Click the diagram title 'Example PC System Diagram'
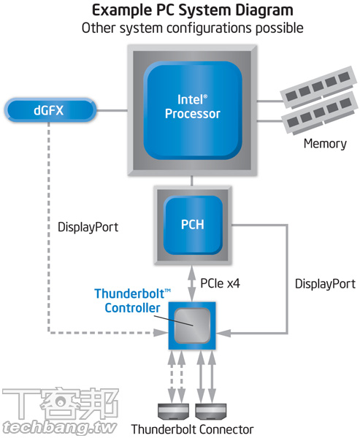(192, 10)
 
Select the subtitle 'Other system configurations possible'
(192, 28)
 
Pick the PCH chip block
(192, 224)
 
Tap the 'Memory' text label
(325, 144)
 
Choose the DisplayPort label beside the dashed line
(88, 227)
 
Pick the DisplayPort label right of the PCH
(325, 283)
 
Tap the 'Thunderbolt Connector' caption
(192, 429)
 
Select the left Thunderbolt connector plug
(175, 410)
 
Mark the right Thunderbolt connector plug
(210, 410)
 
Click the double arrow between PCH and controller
(192, 282)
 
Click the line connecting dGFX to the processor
(112, 111)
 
